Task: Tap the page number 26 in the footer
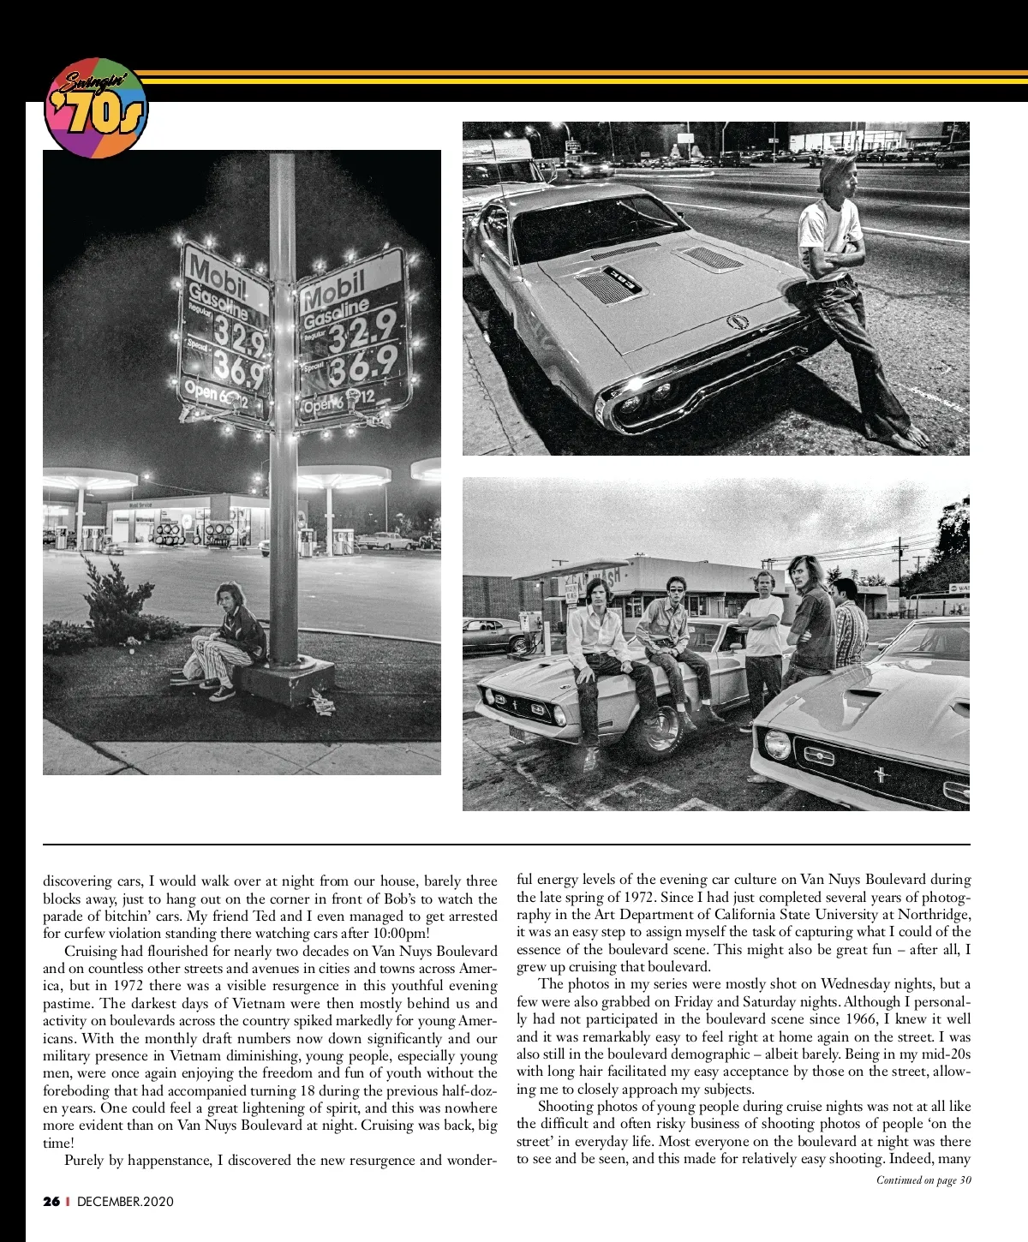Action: (51, 1202)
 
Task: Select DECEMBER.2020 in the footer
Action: (125, 1202)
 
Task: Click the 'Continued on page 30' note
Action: (923, 1180)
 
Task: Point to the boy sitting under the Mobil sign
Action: (224, 638)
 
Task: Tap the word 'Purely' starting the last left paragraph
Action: (84, 1161)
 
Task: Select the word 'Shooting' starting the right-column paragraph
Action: (566, 1107)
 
